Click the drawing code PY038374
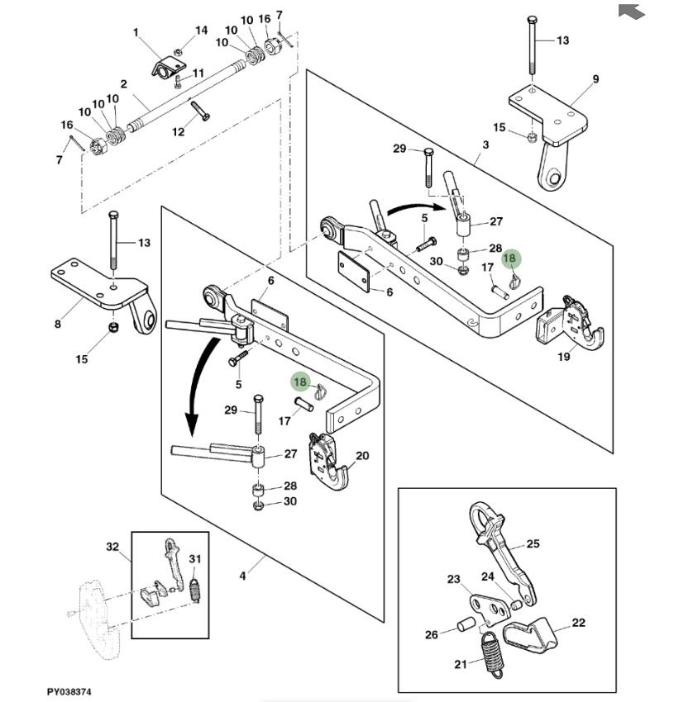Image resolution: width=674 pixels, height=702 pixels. (x=69, y=690)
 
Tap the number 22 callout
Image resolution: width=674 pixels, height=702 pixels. (x=578, y=623)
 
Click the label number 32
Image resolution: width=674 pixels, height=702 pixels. (x=112, y=547)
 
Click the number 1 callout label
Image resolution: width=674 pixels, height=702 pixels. (x=137, y=32)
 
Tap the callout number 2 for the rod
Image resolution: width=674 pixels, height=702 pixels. (x=123, y=83)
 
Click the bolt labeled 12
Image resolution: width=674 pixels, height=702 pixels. (x=200, y=111)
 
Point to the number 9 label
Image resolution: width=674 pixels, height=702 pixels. (x=595, y=79)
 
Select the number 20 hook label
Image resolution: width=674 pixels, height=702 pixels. (x=361, y=455)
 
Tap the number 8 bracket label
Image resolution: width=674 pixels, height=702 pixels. (x=58, y=325)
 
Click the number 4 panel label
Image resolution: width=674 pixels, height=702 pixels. (x=242, y=576)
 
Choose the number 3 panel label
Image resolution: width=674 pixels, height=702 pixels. (x=485, y=145)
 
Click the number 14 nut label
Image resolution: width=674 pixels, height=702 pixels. (x=202, y=31)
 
